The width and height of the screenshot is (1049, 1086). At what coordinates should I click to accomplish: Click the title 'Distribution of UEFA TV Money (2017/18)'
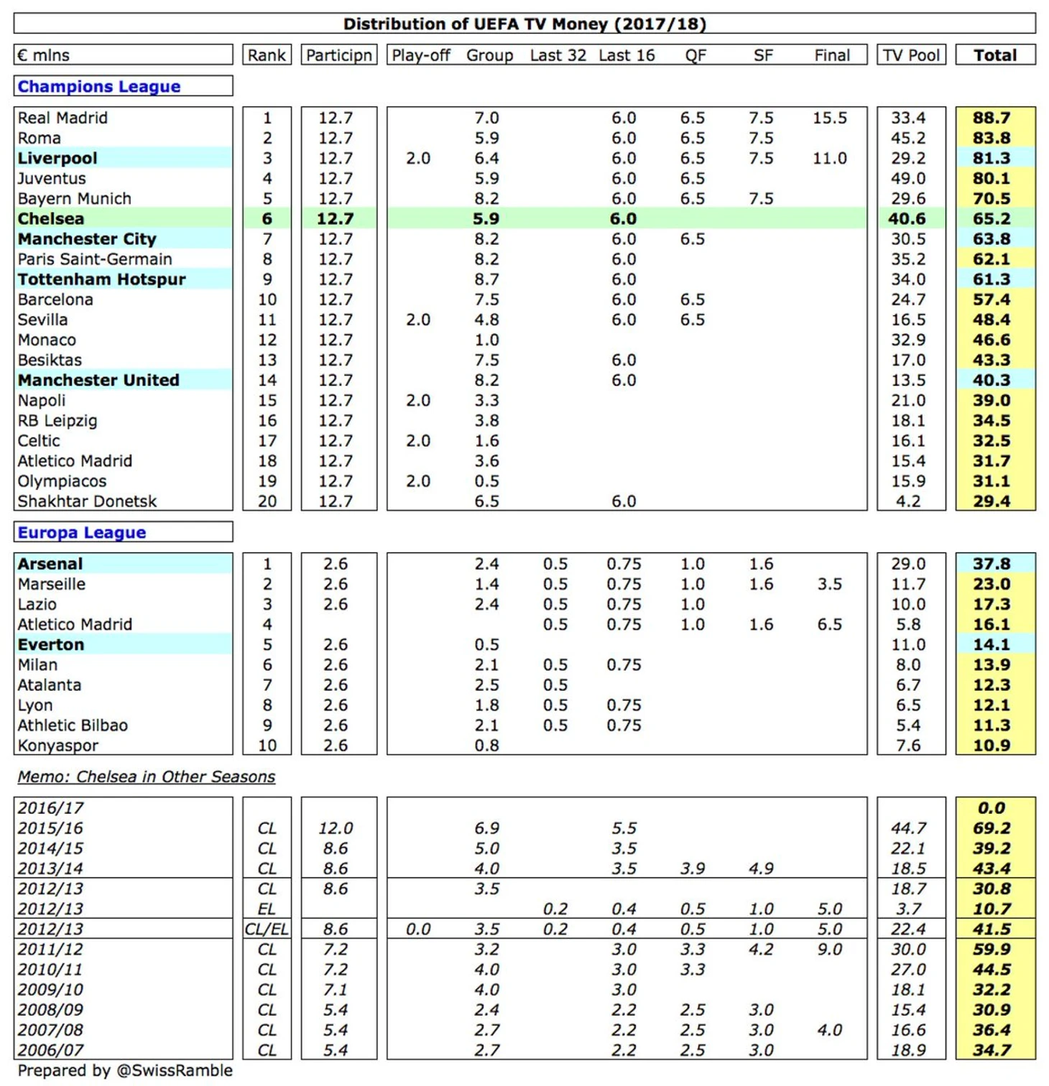tap(524, 24)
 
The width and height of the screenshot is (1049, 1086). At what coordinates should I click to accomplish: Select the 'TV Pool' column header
tap(911, 55)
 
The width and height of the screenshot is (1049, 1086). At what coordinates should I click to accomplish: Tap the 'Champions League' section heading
tap(99, 86)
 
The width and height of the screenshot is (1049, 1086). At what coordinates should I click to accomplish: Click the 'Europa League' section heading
tap(82, 532)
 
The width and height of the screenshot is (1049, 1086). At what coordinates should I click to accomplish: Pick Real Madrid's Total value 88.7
tap(992, 118)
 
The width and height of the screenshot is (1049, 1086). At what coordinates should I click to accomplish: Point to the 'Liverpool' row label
tap(57, 158)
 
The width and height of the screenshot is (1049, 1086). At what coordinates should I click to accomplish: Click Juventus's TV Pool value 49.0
tap(908, 178)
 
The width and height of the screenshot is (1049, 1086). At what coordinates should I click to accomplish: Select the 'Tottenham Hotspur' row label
tap(101, 279)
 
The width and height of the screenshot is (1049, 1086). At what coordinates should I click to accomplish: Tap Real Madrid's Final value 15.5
tap(830, 118)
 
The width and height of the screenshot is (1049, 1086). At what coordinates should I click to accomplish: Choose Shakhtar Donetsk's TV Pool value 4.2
tap(908, 501)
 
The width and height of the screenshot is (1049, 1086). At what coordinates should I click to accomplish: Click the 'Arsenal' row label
tap(50, 564)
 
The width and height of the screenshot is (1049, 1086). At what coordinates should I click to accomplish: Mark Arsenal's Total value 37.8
tap(992, 564)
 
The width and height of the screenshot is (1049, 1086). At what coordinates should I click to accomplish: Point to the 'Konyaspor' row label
tap(58, 746)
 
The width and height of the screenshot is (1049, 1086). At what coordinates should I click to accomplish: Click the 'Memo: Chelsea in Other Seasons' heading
tap(146, 776)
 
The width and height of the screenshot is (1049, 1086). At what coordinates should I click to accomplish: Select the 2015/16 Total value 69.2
tap(992, 828)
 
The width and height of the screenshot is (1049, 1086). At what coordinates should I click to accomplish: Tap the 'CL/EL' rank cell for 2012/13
tap(267, 929)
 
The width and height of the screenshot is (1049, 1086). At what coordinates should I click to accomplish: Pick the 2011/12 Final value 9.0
tap(830, 950)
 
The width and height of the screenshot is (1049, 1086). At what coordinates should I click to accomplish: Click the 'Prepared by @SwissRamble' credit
tap(125, 1070)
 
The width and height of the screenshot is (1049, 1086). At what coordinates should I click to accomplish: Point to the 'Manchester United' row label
tap(98, 380)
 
